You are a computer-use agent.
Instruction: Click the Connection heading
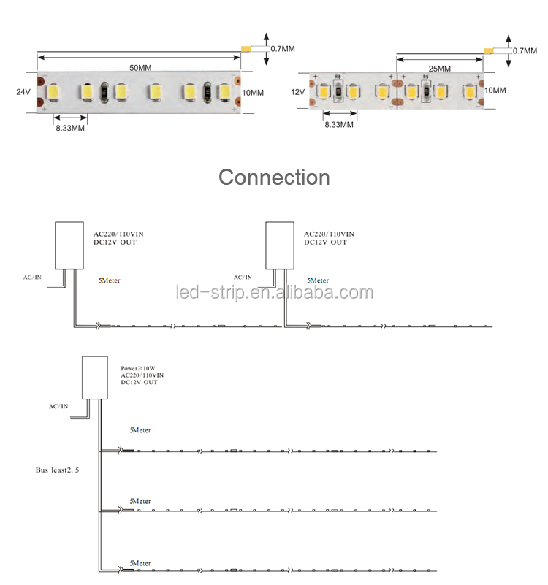[275, 177]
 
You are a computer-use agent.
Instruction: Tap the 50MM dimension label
[140, 68]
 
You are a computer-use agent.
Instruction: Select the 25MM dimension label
[439, 69]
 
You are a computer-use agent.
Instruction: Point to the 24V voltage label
[23, 92]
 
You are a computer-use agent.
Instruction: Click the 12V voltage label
[297, 92]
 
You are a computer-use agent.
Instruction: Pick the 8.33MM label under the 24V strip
[70, 128]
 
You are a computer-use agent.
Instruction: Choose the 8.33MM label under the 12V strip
[339, 125]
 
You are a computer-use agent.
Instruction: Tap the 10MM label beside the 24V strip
[253, 93]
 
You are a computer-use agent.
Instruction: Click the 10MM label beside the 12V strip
[495, 91]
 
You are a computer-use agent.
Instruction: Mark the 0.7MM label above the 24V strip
[283, 49]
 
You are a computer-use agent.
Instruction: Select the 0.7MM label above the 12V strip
[525, 50]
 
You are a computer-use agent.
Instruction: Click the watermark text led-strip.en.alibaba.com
[275, 292]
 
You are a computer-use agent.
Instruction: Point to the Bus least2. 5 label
[57, 470]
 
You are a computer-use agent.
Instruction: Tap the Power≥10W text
[138, 368]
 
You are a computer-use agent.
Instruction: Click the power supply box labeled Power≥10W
[95, 378]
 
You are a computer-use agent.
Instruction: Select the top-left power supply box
[69, 245]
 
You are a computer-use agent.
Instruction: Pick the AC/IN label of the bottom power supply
[58, 406]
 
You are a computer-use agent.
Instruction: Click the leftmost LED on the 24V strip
[53, 92]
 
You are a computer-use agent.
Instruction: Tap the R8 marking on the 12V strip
[338, 77]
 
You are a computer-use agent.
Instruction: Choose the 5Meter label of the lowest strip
[140, 563]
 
